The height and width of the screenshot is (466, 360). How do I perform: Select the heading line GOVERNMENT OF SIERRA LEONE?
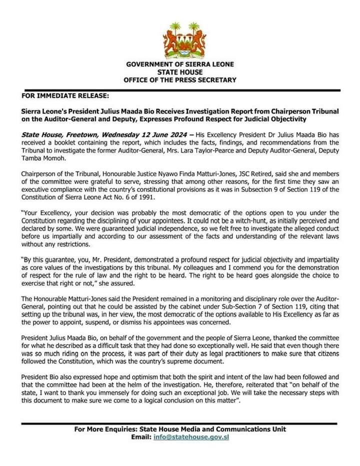[x=180, y=64]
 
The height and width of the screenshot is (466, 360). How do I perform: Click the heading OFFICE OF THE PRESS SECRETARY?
[x=180, y=79]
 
